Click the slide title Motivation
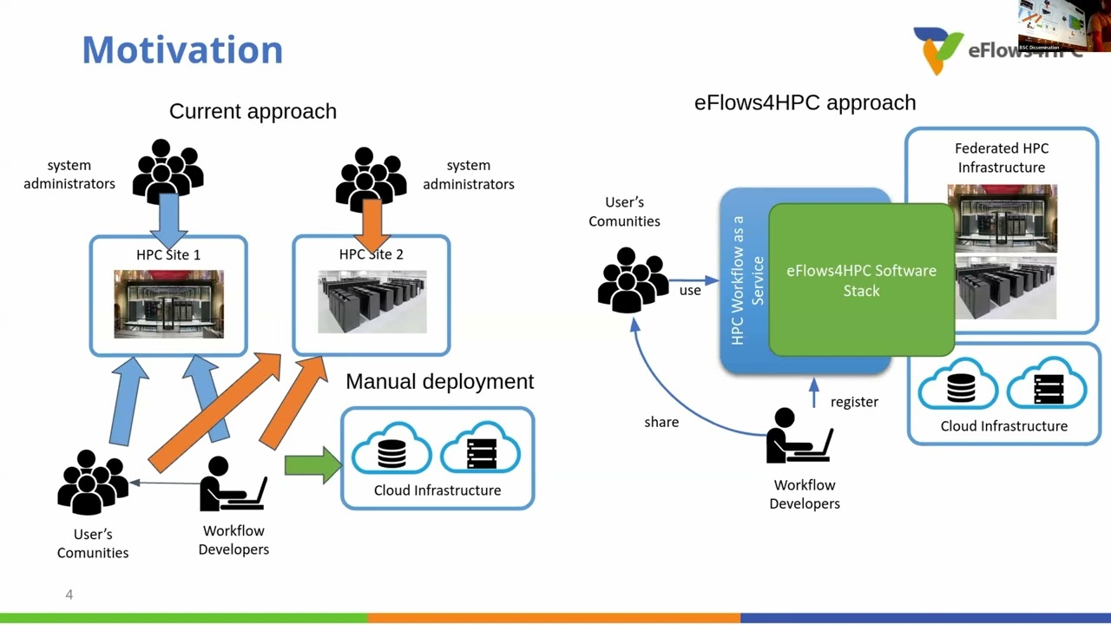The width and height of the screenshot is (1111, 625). pyautogui.click(x=182, y=49)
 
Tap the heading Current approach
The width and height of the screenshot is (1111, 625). pyautogui.click(x=253, y=111)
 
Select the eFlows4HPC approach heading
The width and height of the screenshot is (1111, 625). pyautogui.click(x=805, y=102)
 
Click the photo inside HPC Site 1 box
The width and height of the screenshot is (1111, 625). pyautogui.click(x=168, y=304)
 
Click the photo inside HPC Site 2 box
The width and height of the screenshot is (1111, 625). pyautogui.click(x=371, y=302)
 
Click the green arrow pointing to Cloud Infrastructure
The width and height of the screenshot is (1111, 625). pyautogui.click(x=312, y=465)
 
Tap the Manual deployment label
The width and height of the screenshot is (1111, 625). pyautogui.click(x=439, y=381)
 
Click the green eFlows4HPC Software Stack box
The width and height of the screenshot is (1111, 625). pyautogui.click(x=861, y=280)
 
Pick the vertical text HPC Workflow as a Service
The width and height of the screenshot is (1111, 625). pyautogui.click(x=746, y=280)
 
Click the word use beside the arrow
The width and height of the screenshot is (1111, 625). pyautogui.click(x=690, y=291)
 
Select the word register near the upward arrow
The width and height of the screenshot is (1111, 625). pyautogui.click(x=854, y=402)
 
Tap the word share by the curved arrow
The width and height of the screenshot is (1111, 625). pyautogui.click(x=661, y=422)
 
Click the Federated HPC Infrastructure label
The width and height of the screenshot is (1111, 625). pyautogui.click(x=1001, y=158)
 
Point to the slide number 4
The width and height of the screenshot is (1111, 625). pyautogui.click(x=69, y=595)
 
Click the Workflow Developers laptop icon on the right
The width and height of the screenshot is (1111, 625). pyautogui.click(x=799, y=437)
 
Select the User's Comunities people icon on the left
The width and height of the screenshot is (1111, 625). pyautogui.click(x=92, y=483)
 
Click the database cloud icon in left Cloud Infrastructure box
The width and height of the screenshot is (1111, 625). pyautogui.click(x=391, y=450)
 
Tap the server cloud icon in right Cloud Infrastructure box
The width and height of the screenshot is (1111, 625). pyautogui.click(x=1048, y=385)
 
